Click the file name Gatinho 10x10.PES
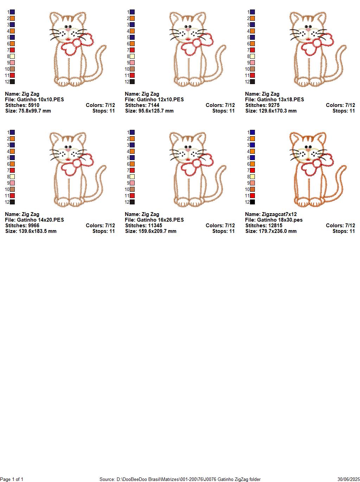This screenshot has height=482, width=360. coord(40,100)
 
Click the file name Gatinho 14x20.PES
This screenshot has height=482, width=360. coord(40,220)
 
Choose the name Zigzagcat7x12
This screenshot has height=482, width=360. coord(279,214)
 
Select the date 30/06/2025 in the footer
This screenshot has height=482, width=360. coord(348,479)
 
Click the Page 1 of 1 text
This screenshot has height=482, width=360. coord(12,479)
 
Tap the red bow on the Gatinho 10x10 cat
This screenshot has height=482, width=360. coord(77,44)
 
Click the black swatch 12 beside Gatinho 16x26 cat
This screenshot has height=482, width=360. coord(132,202)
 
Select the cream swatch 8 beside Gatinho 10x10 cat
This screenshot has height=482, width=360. coord(12,56)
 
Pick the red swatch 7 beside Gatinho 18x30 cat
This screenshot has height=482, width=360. coord(252,170)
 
